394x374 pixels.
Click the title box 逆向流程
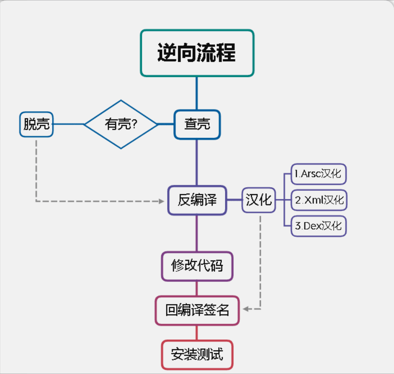point(197,53)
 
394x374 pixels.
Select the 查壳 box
point(197,124)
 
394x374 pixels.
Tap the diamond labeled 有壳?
point(121,124)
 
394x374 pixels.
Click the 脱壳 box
point(36,124)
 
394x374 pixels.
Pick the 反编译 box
point(197,200)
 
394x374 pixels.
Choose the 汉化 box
point(259,200)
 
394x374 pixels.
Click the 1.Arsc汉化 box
point(318,174)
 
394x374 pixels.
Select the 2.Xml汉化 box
point(319,200)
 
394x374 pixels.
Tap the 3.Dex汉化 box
point(318,226)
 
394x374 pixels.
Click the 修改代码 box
point(197,266)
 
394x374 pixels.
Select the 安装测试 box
point(197,355)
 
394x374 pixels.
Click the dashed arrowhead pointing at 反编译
point(161,201)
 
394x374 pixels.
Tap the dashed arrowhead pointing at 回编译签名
point(246,309)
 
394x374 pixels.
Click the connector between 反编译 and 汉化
point(234,200)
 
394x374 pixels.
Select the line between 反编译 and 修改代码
point(197,233)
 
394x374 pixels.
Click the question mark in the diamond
point(135,124)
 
